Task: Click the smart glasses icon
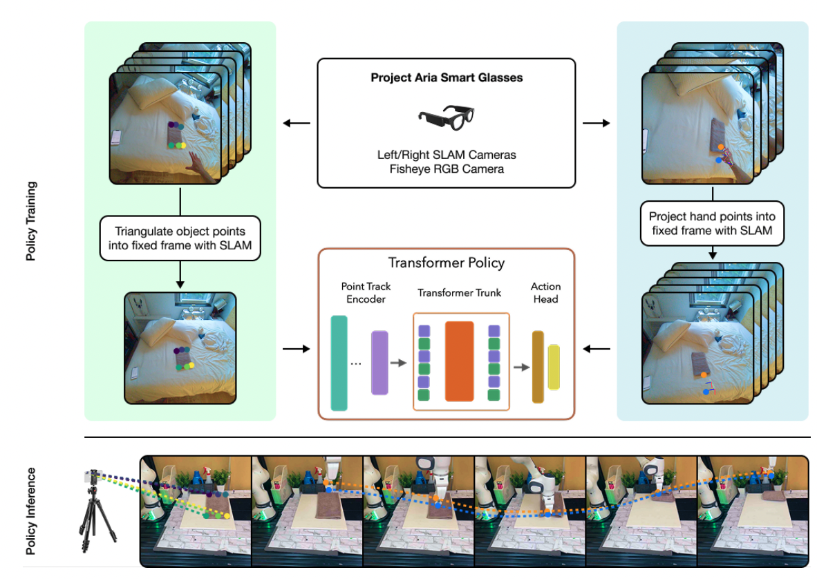point(446,117)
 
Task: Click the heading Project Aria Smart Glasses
point(447,78)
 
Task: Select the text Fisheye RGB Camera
point(447,169)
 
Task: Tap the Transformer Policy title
point(446,263)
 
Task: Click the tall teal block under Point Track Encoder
point(339,362)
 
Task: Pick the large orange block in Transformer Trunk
point(459,361)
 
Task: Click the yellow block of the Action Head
point(554,367)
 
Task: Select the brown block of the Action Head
point(538,367)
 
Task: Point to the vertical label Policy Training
point(31,221)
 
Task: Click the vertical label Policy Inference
point(31,511)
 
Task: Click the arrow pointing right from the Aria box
point(597,124)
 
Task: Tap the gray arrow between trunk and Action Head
point(520,366)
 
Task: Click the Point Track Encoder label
point(366,292)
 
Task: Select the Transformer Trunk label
point(459,293)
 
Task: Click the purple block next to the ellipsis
point(379,362)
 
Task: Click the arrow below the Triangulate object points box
point(180,274)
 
